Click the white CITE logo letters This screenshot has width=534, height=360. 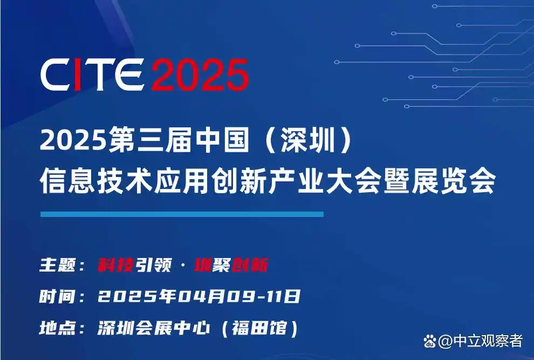click(x=92, y=74)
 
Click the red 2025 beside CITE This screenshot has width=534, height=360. click(x=200, y=74)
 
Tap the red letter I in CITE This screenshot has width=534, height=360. click(x=78, y=74)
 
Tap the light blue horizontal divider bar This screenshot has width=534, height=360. click(x=182, y=214)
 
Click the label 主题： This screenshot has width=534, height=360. click(x=62, y=265)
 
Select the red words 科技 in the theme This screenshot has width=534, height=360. click(x=115, y=265)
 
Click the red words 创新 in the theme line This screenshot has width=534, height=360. click(x=250, y=265)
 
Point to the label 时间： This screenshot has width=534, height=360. click(x=62, y=296)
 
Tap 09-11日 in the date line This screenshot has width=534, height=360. click(x=263, y=296)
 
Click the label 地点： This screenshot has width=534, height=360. click(x=62, y=328)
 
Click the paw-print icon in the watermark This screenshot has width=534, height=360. click(x=430, y=341)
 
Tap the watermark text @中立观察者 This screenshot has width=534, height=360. click(x=481, y=341)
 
